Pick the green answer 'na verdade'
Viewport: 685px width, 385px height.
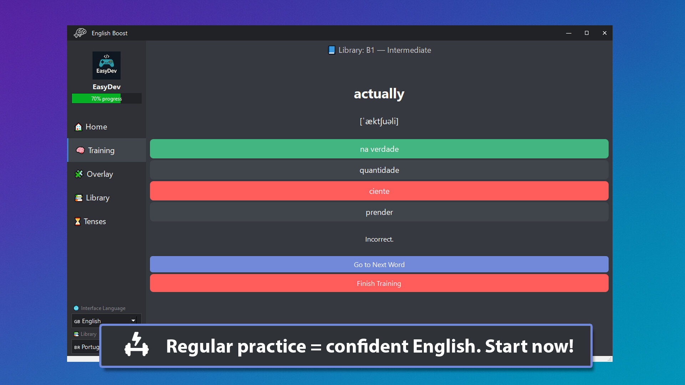tap(379, 149)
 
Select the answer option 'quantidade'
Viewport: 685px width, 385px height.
tap(379, 170)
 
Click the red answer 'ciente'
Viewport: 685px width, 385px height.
tap(379, 191)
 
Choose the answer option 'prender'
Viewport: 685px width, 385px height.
tap(379, 212)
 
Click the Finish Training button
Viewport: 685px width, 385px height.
tap(379, 283)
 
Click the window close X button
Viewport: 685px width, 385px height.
tap(604, 33)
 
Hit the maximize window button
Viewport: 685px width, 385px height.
tap(587, 33)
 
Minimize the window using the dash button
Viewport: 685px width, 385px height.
tap(569, 33)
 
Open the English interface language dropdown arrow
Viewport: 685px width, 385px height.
tap(133, 320)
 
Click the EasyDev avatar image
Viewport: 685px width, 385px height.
tap(106, 65)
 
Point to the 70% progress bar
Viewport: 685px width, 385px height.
tap(106, 98)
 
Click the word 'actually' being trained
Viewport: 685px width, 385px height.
tap(379, 94)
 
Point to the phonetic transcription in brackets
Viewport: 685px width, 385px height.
tap(379, 122)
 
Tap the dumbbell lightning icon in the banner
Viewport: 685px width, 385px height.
tap(137, 345)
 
